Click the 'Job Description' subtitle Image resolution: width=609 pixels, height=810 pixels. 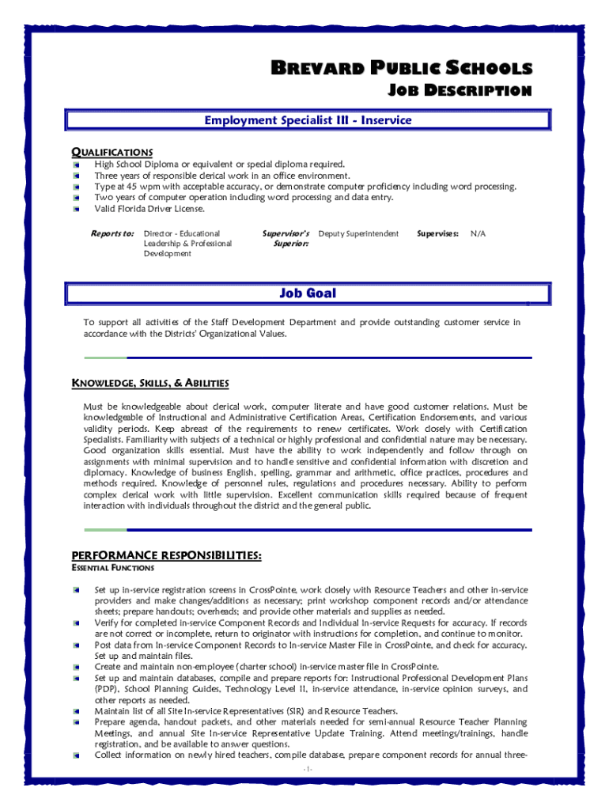coord(459,91)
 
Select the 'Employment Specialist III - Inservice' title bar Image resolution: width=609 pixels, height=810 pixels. coord(308,120)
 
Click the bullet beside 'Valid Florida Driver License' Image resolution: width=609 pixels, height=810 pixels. coord(76,209)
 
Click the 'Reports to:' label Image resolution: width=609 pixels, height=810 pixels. coord(112,233)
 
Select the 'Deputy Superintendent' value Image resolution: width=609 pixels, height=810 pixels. coord(358,233)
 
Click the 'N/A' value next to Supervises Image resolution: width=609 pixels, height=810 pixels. coord(478,233)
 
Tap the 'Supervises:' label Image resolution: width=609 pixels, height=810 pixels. coord(437,233)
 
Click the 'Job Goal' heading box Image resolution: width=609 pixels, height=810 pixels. coord(308,293)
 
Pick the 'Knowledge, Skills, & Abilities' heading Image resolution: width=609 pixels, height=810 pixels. coord(150,384)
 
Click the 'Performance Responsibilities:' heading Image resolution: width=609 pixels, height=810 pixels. coord(167,555)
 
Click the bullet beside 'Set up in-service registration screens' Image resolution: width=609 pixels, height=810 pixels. coord(76,590)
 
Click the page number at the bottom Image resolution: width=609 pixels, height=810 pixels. coord(308,769)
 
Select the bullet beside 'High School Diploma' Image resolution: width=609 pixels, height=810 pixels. coord(76,165)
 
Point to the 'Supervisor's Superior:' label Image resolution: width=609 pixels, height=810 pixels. coord(286,238)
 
